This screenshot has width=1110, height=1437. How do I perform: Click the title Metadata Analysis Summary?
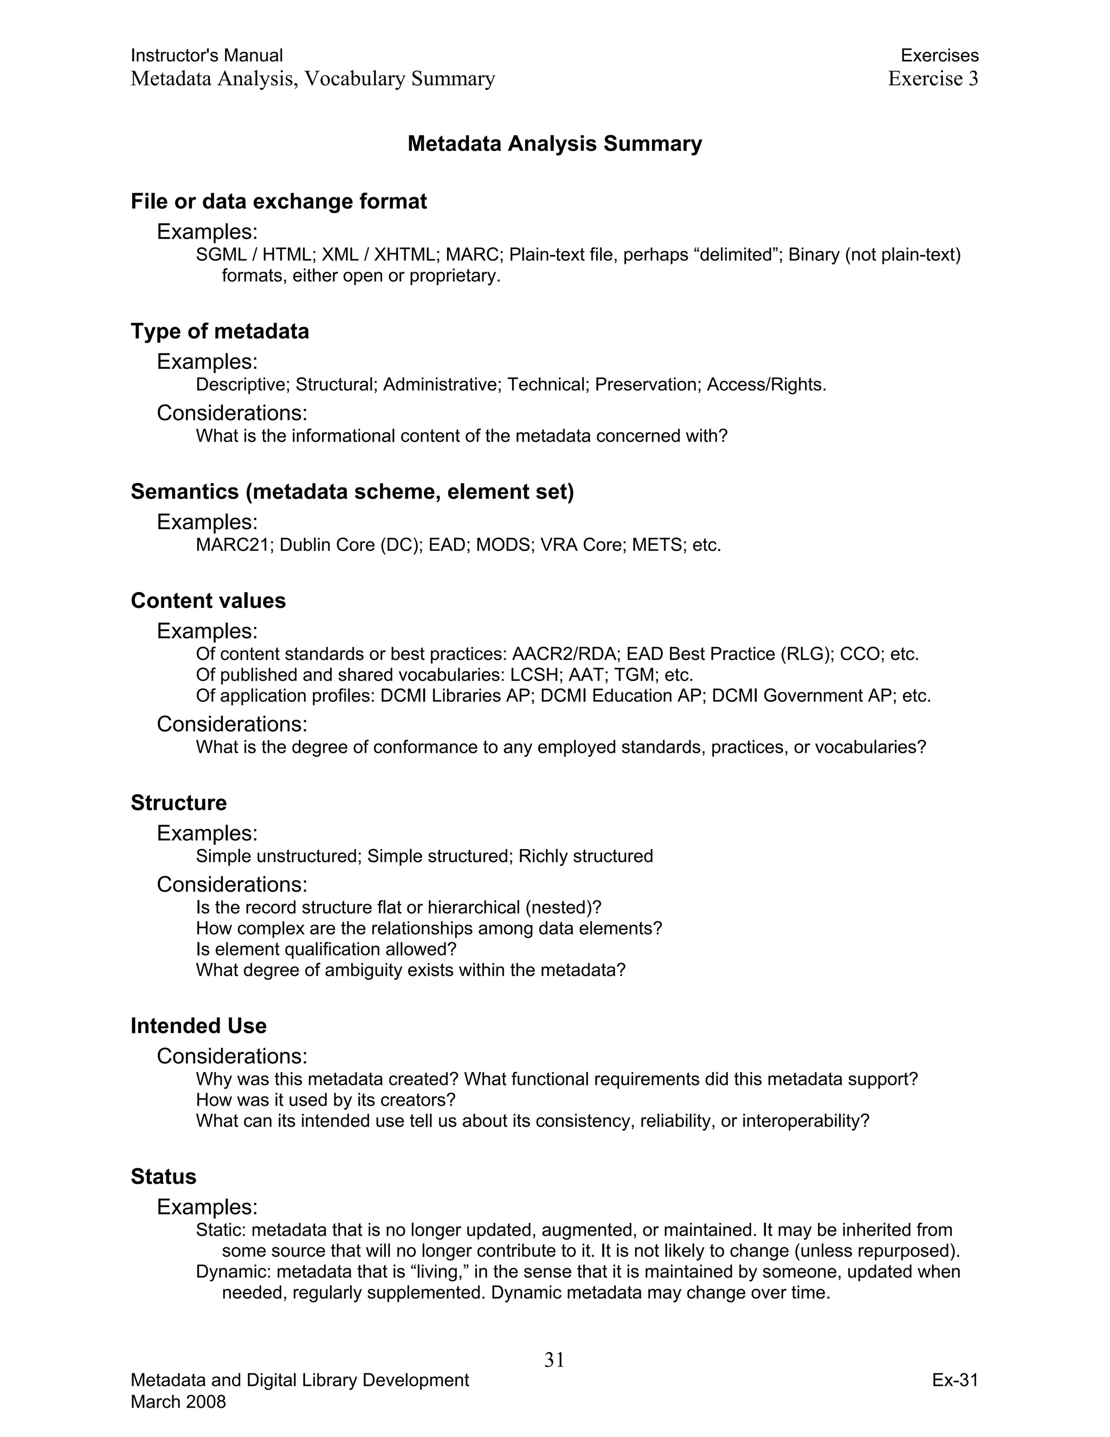tap(554, 144)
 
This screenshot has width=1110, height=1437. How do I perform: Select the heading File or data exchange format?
tap(279, 201)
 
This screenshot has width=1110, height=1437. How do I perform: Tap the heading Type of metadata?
tap(220, 331)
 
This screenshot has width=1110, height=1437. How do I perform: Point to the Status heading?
tap(163, 1177)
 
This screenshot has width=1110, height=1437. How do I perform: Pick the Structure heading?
tap(178, 803)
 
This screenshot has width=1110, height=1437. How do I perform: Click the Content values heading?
tap(208, 601)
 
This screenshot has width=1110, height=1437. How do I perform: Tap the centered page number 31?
tap(554, 1359)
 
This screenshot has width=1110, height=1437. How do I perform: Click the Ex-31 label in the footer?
tap(955, 1380)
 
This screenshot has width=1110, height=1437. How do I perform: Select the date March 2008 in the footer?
tap(178, 1401)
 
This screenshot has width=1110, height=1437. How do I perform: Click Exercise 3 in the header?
tap(932, 78)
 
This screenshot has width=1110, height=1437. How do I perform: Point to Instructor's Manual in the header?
tap(206, 55)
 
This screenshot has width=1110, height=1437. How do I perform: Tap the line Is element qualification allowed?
tap(326, 950)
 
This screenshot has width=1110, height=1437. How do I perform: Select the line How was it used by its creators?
tap(326, 1100)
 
